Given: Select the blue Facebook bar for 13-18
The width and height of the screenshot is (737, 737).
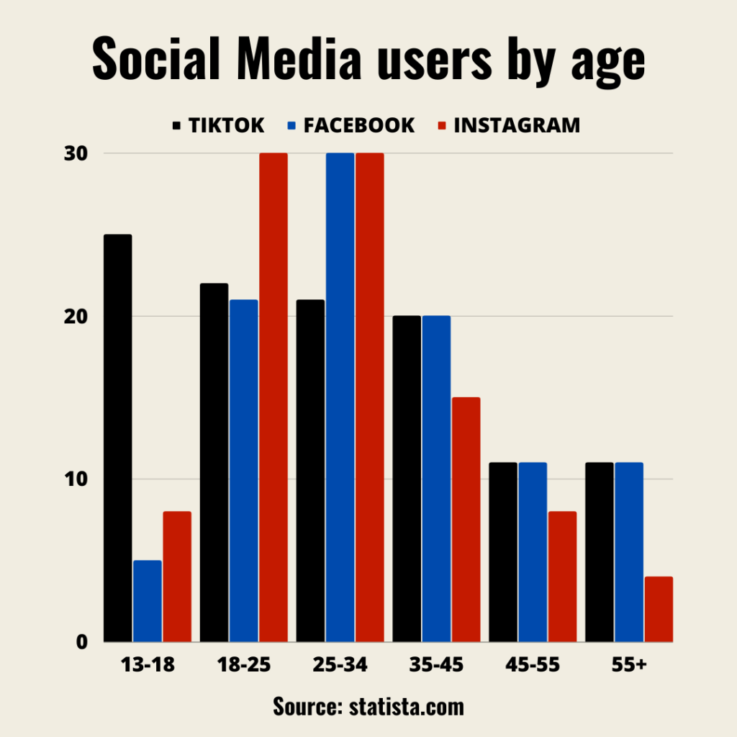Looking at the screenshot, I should click(x=148, y=601).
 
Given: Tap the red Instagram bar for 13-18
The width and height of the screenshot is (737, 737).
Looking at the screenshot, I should click(x=177, y=576).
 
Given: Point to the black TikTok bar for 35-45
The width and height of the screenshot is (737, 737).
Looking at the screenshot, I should click(x=407, y=479).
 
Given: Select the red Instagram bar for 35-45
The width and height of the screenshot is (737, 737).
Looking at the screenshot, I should click(x=466, y=519).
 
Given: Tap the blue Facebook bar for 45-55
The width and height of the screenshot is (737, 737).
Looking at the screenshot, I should click(x=533, y=551).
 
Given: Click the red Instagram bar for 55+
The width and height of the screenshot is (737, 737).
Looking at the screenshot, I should click(x=659, y=609).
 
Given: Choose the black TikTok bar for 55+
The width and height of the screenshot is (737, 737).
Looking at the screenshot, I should click(x=600, y=551).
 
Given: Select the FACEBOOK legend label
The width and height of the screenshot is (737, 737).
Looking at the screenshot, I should click(x=358, y=125).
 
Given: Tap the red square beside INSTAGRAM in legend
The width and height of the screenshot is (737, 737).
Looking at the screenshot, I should click(x=443, y=126).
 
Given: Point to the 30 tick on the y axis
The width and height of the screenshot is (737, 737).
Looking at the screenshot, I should click(x=77, y=153).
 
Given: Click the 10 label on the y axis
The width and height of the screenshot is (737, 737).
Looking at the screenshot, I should click(x=77, y=479).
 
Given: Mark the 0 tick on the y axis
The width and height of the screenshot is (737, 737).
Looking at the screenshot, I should click(x=81, y=642).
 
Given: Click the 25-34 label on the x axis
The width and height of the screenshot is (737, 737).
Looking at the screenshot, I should click(x=340, y=665).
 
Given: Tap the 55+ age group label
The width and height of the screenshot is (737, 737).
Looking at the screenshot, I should click(x=629, y=665).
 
